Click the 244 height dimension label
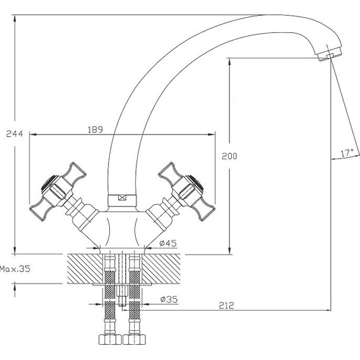click(15, 134)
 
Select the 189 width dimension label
click(95, 129)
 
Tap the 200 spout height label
click(229, 156)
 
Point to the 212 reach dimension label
click(226, 306)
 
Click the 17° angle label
click(347, 153)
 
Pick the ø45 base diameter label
click(168, 243)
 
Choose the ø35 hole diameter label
click(169, 299)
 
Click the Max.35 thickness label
click(15, 268)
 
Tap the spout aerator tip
click(329, 54)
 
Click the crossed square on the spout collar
click(122, 198)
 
